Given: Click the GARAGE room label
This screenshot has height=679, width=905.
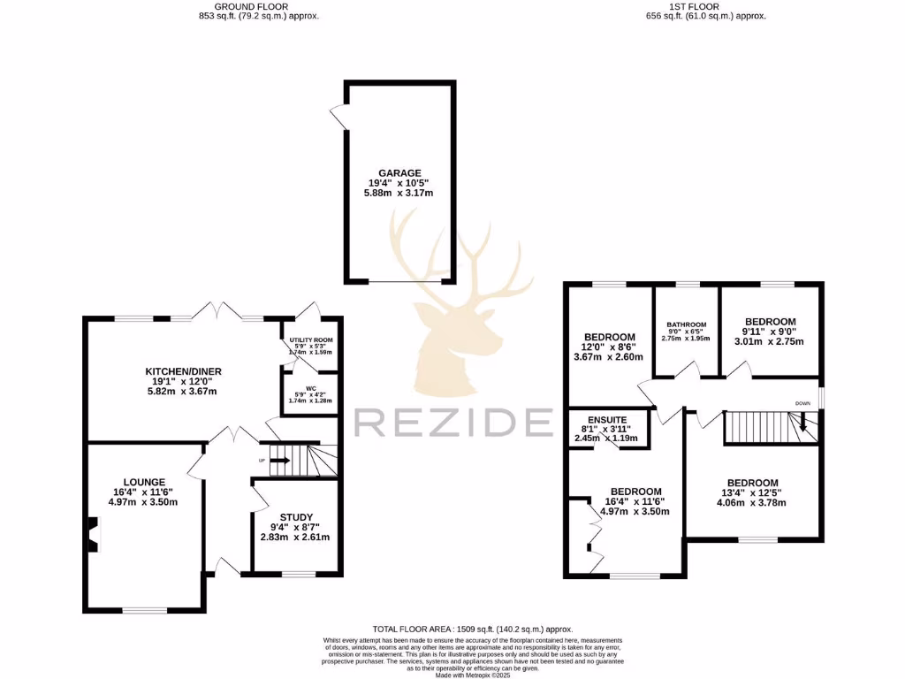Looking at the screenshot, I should [x=399, y=173].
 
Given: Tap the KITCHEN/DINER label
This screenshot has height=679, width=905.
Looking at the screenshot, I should [x=180, y=370].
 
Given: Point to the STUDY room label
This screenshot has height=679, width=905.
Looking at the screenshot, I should [x=296, y=517].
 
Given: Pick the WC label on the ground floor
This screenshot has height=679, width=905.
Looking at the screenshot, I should [x=311, y=388].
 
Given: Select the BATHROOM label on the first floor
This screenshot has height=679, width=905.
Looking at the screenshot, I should [x=687, y=324].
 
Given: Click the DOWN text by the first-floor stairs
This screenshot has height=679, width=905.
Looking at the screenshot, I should [x=802, y=403].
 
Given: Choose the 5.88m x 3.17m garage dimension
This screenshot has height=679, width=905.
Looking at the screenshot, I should [x=399, y=193].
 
